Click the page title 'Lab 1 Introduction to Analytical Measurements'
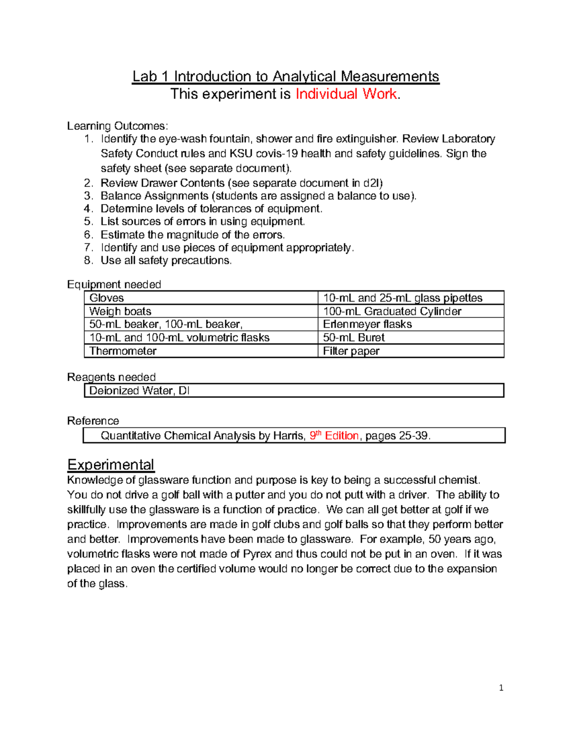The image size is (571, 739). pos(285,77)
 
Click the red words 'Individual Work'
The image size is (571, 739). pos(346,94)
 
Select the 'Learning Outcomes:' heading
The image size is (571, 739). pos(117,126)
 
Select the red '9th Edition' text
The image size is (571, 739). pos(334,435)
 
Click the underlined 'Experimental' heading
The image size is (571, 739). pos(110,465)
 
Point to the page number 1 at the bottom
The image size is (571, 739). pos(501,688)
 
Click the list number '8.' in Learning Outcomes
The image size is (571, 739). pos(88,261)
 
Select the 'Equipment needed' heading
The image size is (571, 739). pos(114,285)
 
